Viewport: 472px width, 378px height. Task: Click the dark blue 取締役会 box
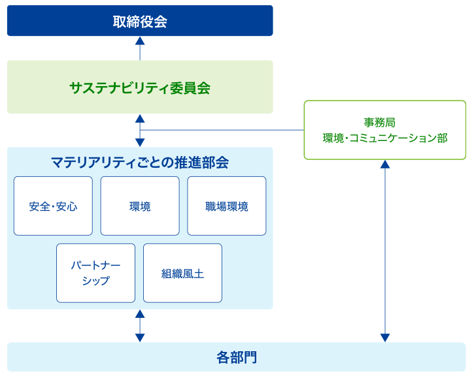point(139,21)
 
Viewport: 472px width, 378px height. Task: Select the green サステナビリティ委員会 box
point(139,87)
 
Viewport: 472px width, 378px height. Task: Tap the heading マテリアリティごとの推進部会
point(139,162)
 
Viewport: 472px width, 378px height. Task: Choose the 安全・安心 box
point(53,206)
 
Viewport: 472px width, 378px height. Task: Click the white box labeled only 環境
point(139,206)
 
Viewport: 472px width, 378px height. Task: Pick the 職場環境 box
point(226,206)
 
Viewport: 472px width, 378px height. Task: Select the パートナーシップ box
point(95,273)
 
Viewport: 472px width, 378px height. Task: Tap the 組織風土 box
point(182,273)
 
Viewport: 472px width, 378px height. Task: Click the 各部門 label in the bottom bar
point(236,357)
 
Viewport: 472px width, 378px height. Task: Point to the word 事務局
point(384,122)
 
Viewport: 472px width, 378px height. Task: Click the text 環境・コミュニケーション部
point(384,138)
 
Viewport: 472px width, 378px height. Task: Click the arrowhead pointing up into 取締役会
point(139,40)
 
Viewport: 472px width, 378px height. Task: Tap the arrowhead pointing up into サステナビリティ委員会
point(139,118)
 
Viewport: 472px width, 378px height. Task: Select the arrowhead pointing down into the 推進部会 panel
point(139,142)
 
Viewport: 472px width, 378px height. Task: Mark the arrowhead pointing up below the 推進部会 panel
point(139,314)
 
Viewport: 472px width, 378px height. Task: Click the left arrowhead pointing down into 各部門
point(139,338)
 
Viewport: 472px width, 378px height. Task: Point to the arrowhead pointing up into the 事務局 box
point(384,165)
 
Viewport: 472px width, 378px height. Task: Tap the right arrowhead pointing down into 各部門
point(384,338)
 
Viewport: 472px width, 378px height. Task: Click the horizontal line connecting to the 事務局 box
point(222,131)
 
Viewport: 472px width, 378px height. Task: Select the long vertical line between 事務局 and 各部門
point(384,251)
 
